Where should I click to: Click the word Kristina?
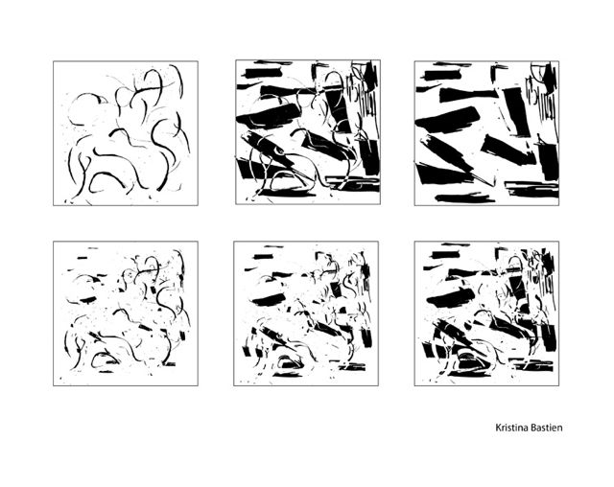[511, 428]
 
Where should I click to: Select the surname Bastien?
[547, 428]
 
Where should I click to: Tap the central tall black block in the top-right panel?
[517, 112]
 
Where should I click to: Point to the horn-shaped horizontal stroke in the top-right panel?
[469, 95]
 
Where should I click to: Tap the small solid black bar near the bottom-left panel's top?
[83, 258]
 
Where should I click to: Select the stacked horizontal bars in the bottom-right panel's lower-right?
[531, 366]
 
